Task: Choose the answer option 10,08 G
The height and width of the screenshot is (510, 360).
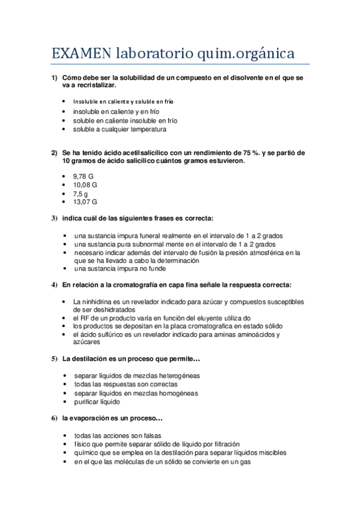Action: [85, 185]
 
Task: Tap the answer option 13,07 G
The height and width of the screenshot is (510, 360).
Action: [85, 203]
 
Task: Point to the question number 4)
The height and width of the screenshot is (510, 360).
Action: [54, 284]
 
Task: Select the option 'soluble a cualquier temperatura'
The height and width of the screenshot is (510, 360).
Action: [120, 129]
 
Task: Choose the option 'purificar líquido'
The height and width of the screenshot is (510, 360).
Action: [97, 402]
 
